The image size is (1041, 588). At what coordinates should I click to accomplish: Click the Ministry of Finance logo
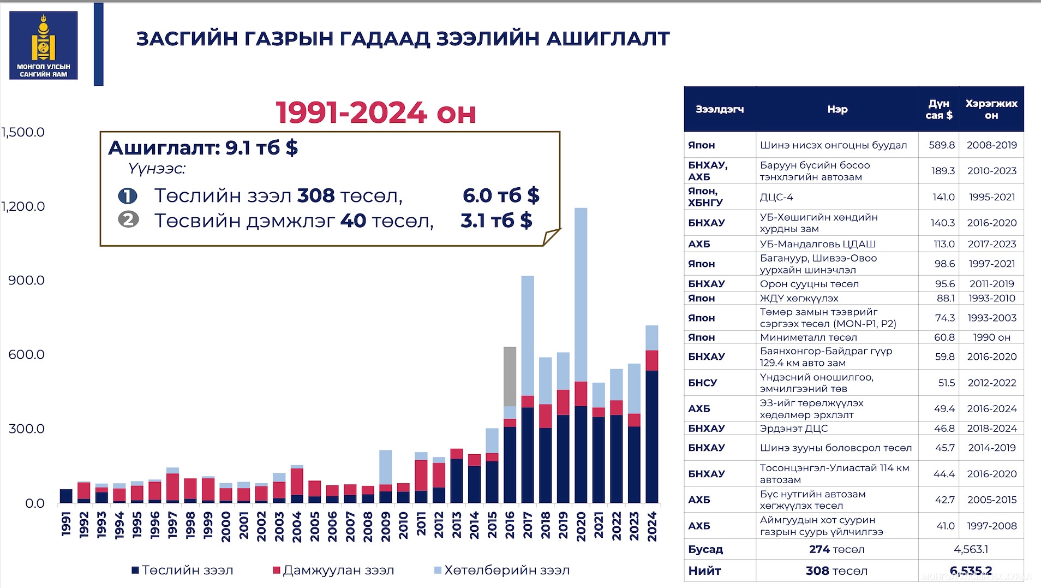(44, 45)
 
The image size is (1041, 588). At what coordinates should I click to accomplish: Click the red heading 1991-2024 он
(376, 113)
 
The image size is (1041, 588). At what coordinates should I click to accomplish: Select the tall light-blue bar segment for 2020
(581, 295)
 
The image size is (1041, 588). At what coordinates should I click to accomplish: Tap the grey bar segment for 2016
(510, 376)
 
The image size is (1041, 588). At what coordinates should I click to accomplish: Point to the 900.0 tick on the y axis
(26, 280)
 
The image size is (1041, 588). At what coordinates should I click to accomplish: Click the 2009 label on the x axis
(386, 526)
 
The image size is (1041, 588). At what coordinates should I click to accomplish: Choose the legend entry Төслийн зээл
(182, 570)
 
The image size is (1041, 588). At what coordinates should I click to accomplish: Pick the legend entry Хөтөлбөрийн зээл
(502, 570)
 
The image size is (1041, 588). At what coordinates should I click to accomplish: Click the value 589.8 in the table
(942, 145)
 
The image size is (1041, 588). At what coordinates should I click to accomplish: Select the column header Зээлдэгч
(720, 109)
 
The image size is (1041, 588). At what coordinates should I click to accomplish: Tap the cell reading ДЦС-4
(776, 197)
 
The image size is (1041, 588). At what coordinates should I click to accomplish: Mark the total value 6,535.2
(971, 571)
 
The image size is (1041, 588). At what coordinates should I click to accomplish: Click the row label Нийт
(704, 571)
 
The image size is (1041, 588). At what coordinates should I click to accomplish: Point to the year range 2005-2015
(991, 500)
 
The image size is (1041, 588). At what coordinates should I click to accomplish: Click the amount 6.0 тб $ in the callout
(501, 195)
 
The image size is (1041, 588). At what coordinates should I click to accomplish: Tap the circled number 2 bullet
(128, 220)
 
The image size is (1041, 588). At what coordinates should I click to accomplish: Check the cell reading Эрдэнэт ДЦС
(794, 429)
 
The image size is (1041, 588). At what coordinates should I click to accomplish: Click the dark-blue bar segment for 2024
(651, 437)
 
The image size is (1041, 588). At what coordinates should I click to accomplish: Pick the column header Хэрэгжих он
(991, 109)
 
